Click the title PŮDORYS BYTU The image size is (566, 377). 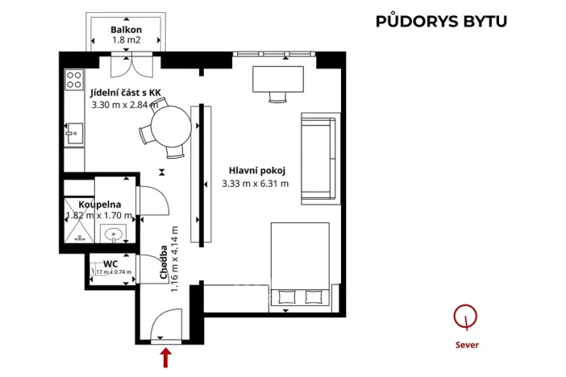(441, 21)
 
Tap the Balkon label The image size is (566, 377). (127, 29)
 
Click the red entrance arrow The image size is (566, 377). (167, 357)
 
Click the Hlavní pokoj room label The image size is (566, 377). (258, 170)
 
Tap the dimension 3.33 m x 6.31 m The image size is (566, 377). (255, 184)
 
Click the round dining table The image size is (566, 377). (170, 126)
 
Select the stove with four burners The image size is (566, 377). (74, 78)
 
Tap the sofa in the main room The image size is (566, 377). (318, 158)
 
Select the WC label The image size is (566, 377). (110, 263)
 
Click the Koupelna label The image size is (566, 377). (100, 205)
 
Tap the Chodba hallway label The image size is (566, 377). (164, 264)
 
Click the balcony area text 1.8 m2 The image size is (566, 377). (127, 40)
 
